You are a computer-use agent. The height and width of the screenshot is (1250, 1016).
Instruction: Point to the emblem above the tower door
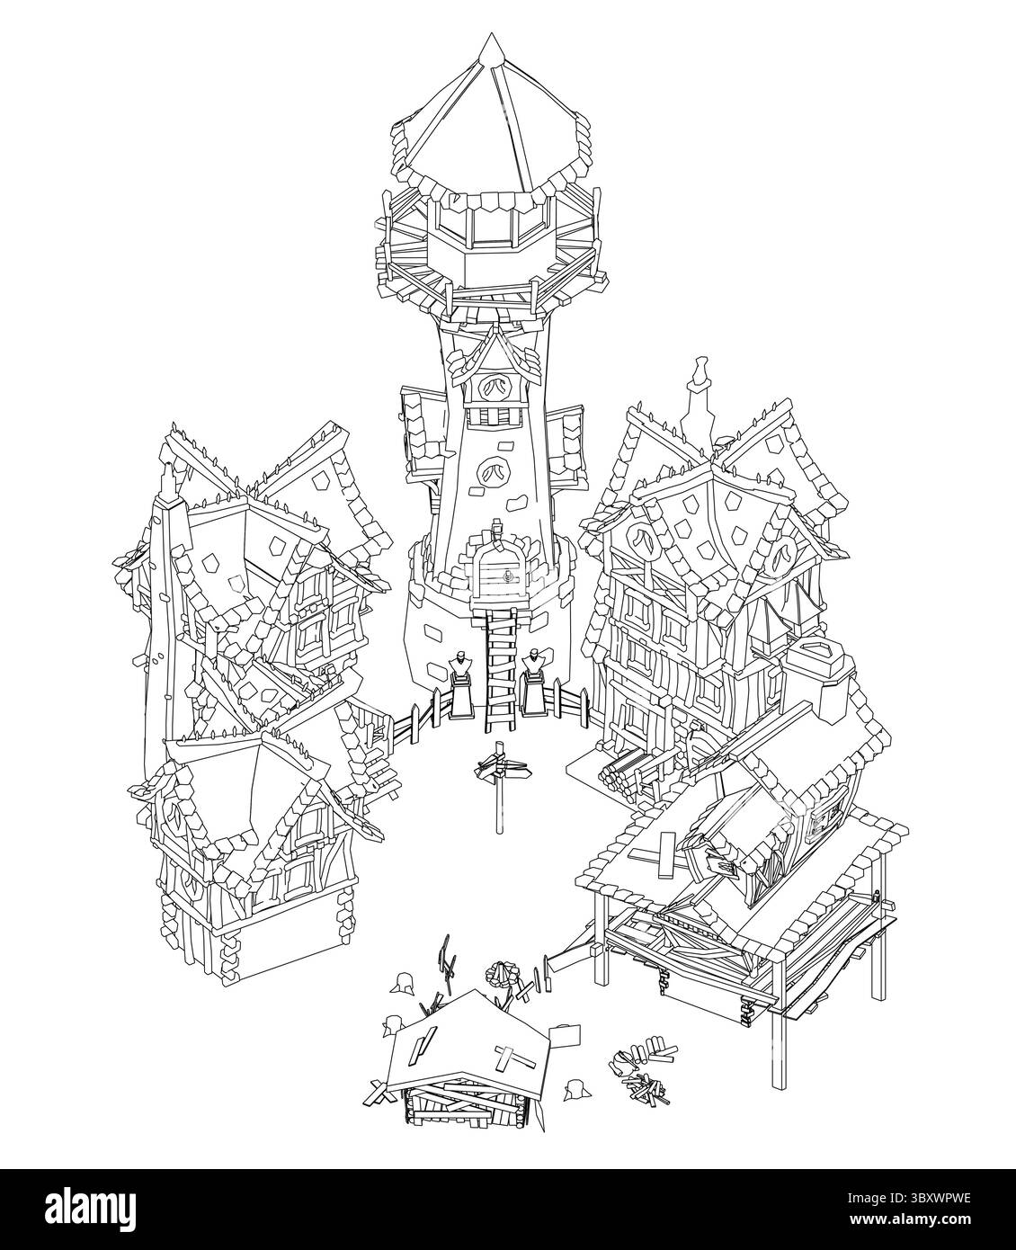point(493,469)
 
